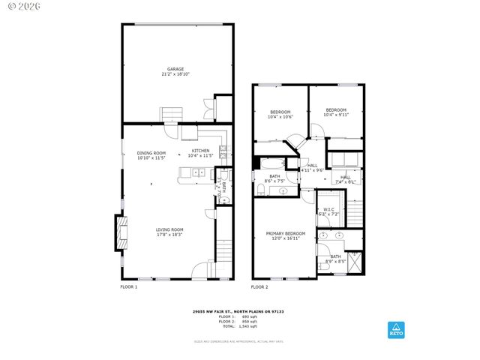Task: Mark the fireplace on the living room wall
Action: click(118, 232)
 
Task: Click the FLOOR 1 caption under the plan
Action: click(128, 286)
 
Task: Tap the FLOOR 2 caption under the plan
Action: click(259, 286)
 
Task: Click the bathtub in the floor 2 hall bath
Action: click(271, 163)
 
